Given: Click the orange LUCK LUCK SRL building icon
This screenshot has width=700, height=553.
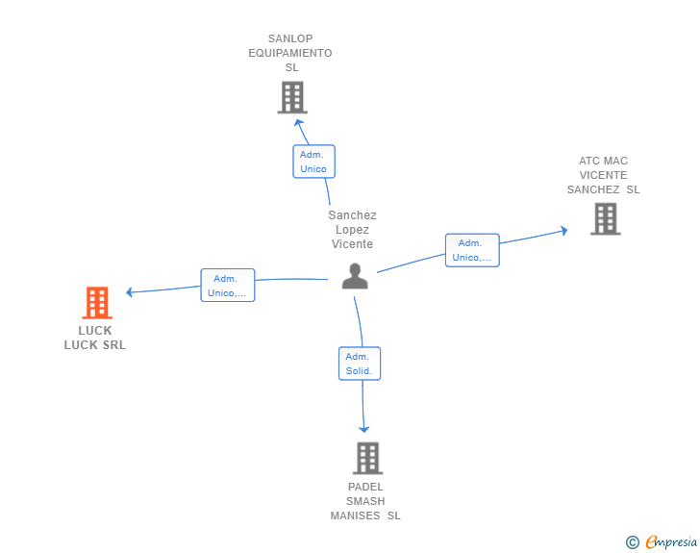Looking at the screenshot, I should pyautogui.click(x=96, y=303).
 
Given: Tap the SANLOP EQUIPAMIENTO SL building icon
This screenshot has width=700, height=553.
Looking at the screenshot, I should pyautogui.click(x=291, y=97).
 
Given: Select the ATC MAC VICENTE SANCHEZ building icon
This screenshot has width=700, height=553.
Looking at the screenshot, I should pyautogui.click(x=605, y=219).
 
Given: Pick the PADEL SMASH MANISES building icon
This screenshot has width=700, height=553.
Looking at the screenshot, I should pyautogui.click(x=367, y=458).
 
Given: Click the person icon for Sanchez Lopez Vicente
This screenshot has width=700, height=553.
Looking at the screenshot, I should pyautogui.click(x=355, y=276).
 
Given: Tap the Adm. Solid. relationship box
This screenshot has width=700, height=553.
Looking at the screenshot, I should pyautogui.click(x=360, y=364).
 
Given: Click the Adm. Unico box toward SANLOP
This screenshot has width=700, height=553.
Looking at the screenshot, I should pyautogui.click(x=313, y=162).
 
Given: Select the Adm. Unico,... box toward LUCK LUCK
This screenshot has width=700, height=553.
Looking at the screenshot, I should pyautogui.click(x=227, y=286).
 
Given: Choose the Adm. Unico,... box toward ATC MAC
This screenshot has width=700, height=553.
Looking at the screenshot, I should pyautogui.click(x=471, y=250).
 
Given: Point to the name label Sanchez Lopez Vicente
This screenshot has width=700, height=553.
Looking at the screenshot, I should pyautogui.click(x=352, y=230).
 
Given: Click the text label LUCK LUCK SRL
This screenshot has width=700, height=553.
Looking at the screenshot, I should pyautogui.click(x=95, y=338).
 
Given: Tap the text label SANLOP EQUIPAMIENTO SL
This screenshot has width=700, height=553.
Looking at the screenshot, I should pyautogui.click(x=290, y=54).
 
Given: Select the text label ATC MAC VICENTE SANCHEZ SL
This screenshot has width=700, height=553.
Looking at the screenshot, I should pyautogui.click(x=603, y=175).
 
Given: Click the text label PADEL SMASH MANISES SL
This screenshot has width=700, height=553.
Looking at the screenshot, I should pyautogui.click(x=365, y=501).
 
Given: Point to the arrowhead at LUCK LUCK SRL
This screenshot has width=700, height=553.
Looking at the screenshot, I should pyautogui.click(x=131, y=291).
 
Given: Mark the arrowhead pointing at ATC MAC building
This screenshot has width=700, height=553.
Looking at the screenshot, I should pyautogui.click(x=562, y=231).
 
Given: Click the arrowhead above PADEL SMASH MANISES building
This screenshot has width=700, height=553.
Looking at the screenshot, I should pyautogui.click(x=364, y=428).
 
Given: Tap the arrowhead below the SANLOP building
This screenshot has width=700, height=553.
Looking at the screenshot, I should pyautogui.click(x=298, y=122).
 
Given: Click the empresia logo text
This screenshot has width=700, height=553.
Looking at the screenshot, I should pyautogui.click(x=671, y=542).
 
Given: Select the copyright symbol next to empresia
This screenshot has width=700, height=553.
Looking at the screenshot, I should pyautogui.click(x=633, y=542).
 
